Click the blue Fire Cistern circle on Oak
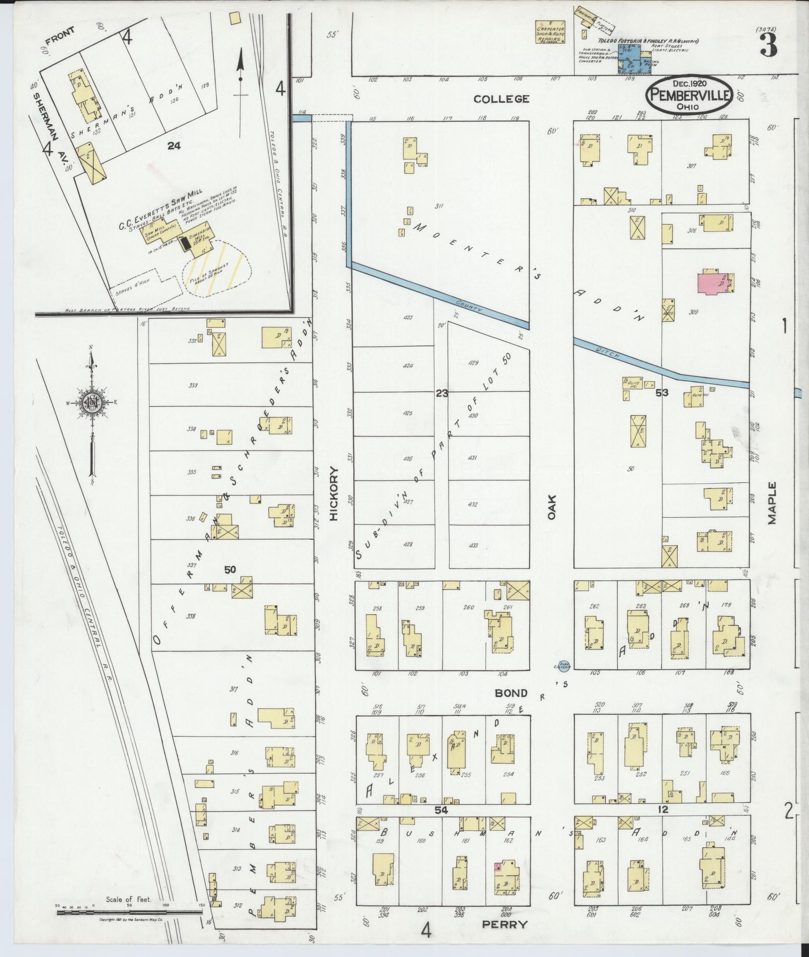(563, 665)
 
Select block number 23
(441, 393)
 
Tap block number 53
(661, 392)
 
